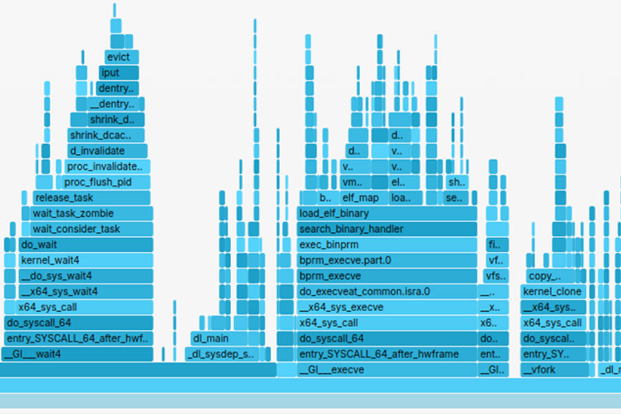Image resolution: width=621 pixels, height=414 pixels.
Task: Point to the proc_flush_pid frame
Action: point(97,182)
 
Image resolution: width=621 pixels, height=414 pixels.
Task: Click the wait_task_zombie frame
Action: point(90,213)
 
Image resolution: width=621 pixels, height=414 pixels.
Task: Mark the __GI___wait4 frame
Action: point(77,354)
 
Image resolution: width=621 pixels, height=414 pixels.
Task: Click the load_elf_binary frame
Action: point(387,213)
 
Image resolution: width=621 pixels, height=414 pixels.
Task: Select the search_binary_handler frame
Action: point(387,229)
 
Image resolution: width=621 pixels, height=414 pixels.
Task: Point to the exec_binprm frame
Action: point(387,244)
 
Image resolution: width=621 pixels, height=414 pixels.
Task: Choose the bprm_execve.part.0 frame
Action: point(387,260)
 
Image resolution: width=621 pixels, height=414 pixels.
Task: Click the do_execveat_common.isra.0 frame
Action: point(387,292)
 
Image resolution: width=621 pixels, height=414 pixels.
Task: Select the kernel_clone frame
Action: point(552,292)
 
